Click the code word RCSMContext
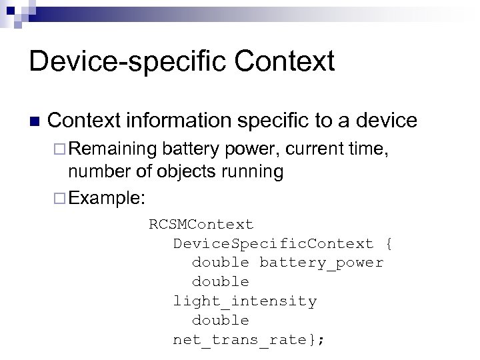tap(201, 224)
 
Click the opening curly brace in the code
tap(389, 243)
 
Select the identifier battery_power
tap(321, 263)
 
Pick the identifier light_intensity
tap(245, 301)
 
